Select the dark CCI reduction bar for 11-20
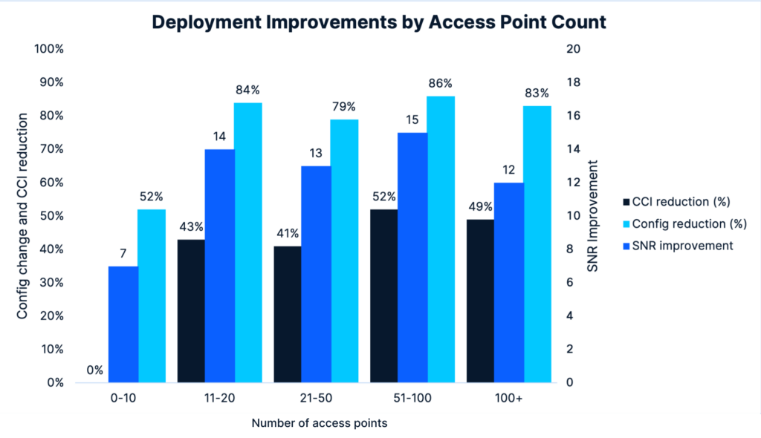tap(191, 311)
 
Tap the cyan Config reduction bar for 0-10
tap(152, 296)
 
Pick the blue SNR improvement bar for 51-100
tap(412, 258)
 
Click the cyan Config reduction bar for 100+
tap(537, 244)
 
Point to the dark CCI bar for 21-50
tap(288, 314)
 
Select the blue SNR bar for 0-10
tap(123, 324)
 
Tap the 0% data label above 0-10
tap(94, 370)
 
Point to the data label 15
tap(412, 120)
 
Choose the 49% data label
tap(480, 206)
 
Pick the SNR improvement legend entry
tap(679, 246)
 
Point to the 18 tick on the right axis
tap(571, 82)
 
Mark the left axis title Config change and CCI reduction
tap(22, 215)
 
